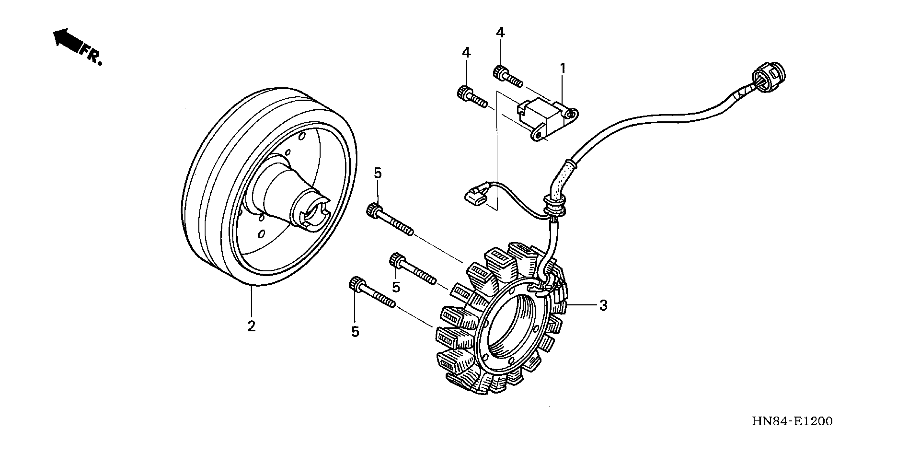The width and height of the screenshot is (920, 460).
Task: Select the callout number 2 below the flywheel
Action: [x=251, y=326]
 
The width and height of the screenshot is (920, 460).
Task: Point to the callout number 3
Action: [x=603, y=305]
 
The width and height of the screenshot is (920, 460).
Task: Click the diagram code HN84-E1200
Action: [x=792, y=421]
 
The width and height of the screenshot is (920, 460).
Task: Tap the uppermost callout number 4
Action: [x=500, y=33]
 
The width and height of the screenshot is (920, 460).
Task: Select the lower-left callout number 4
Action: [x=466, y=53]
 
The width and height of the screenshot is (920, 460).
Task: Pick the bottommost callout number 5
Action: [x=355, y=332]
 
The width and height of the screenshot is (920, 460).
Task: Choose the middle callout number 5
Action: [x=396, y=287]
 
